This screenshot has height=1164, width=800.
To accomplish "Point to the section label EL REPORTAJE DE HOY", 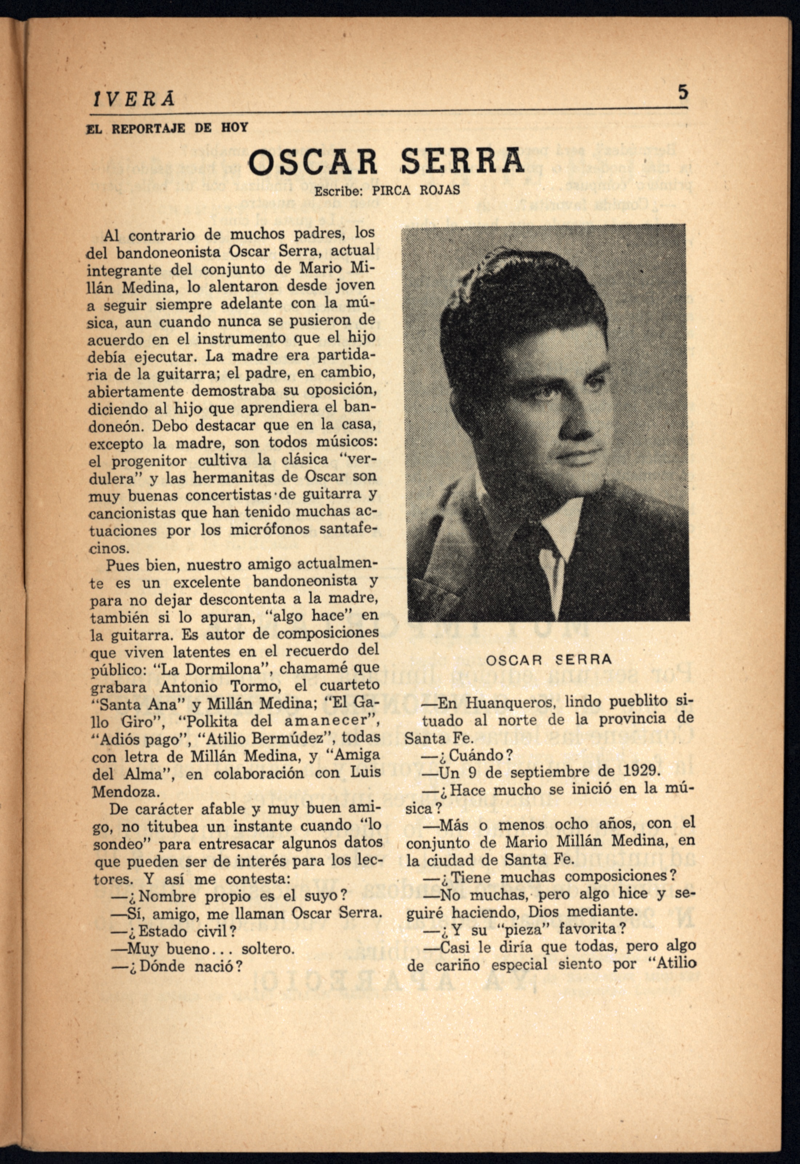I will [x=167, y=128].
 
